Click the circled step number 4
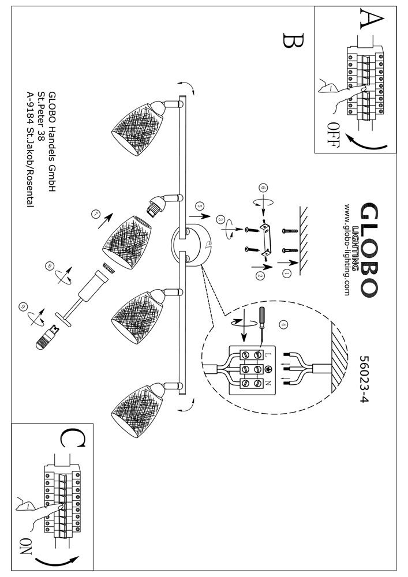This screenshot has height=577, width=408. pyautogui.click(x=282, y=324)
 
